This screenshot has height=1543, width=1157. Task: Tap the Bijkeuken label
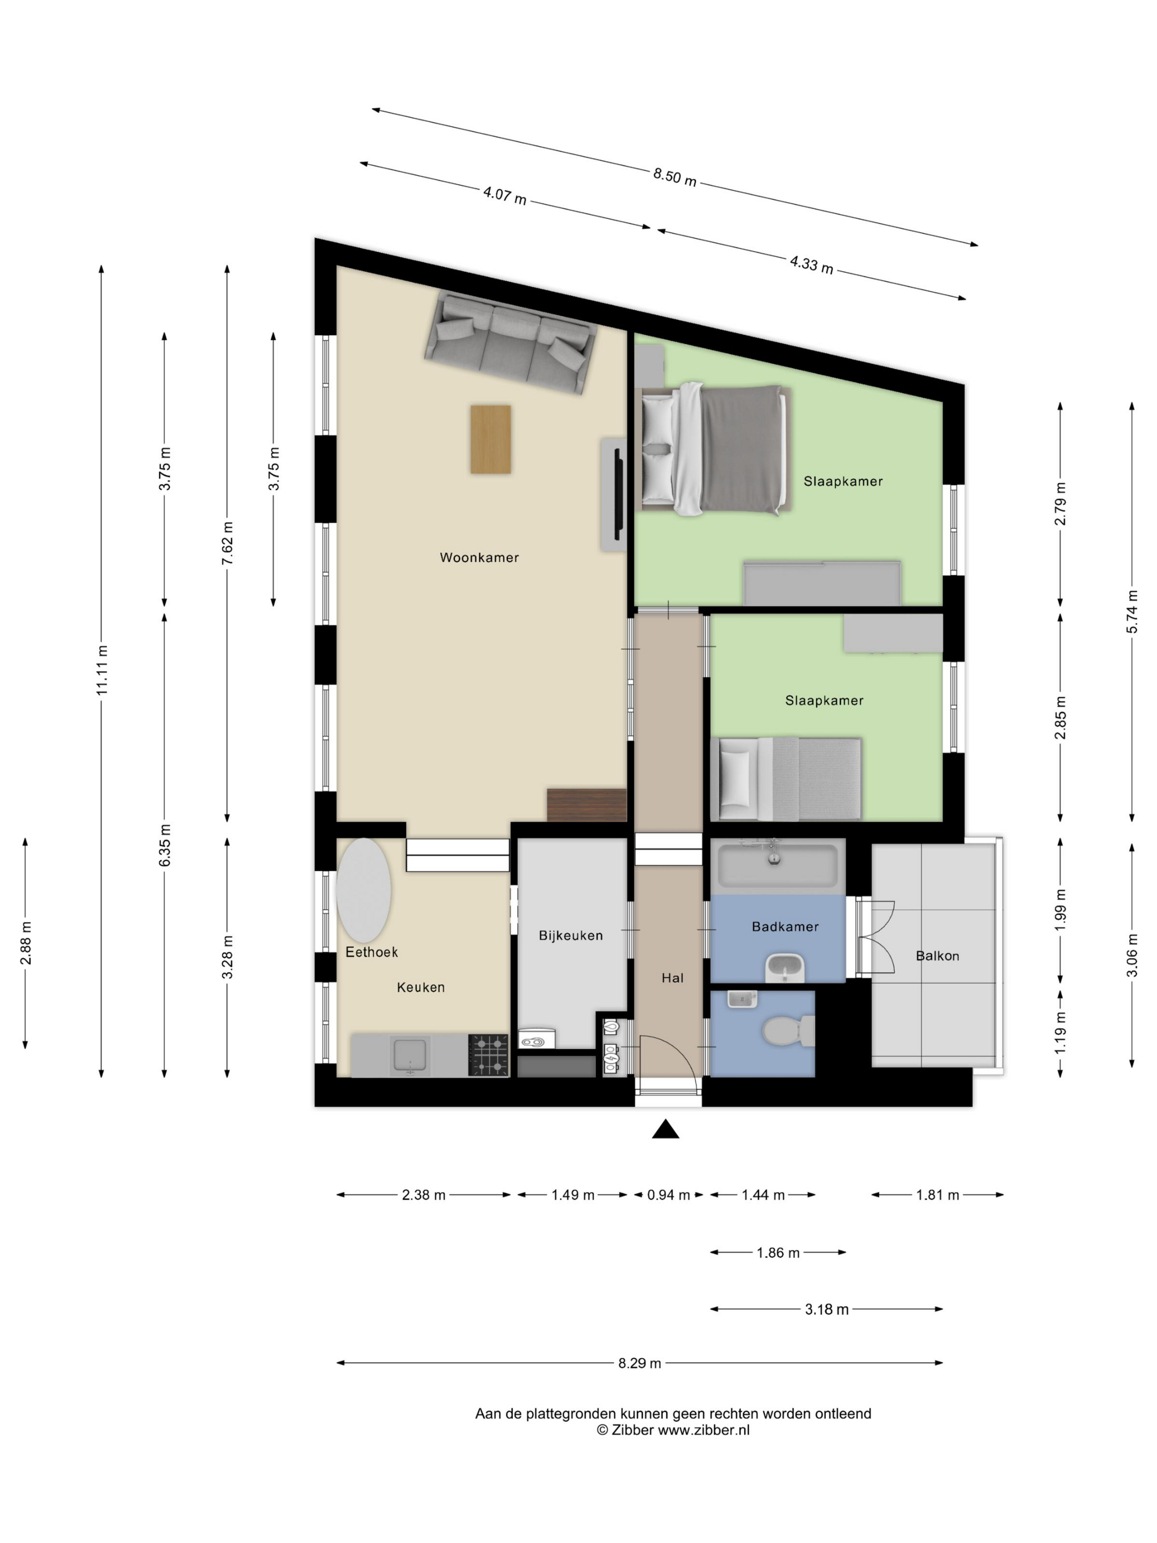[x=570, y=935]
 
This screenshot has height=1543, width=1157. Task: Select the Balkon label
[x=937, y=956]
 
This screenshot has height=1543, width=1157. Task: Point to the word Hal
[x=672, y=978]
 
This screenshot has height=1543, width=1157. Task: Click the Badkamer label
[x=785, y=926]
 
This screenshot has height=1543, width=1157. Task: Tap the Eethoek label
[x=372, y=952]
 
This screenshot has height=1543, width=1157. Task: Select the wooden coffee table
[x=490, y=439]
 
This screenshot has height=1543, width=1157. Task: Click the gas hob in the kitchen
[x=488, y=1054]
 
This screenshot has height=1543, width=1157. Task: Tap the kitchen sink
[x=409, y=1055]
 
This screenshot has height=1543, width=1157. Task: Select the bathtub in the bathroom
[x=777, y=866]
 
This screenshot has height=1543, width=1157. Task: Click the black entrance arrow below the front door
[x=666, y=1129]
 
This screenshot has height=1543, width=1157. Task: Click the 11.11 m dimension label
[x=102, y=670]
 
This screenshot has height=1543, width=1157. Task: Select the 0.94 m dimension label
[x=668, y=1195]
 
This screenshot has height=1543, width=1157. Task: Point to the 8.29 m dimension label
[x=640, y=1363]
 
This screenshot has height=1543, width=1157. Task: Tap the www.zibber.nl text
[x=704, y=1429]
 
